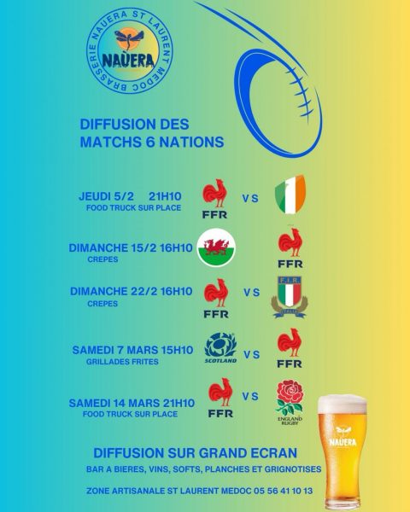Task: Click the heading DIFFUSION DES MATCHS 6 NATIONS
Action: [x=151, y=133]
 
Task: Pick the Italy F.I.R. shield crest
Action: [x=290, y=295]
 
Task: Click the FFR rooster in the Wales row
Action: [x=290, y=247]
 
